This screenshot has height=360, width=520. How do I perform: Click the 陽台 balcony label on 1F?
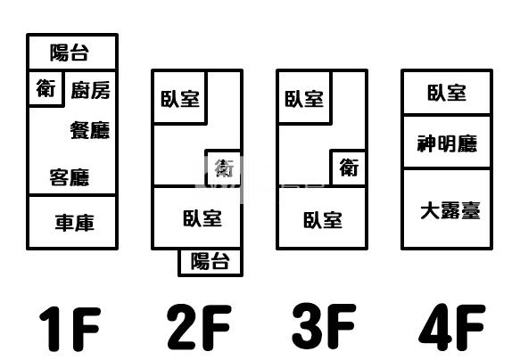(x=70, y=53)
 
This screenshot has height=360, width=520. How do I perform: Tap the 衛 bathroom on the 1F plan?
(x=45, y=88)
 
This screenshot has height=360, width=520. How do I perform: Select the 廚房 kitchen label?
(x=91, y=90)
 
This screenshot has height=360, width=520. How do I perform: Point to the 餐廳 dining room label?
(x=90, y=130)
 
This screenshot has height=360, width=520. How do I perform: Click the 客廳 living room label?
(x=70, y=177)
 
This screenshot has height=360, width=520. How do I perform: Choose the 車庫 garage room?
(x=72, y=222)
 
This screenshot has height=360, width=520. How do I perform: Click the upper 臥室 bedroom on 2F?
(x=180, y=97)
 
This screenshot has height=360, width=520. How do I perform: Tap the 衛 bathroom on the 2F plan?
(x=224, y=168)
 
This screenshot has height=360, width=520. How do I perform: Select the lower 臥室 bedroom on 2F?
(x=197, y=217)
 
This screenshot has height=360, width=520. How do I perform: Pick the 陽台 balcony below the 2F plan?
(x=210, y=262)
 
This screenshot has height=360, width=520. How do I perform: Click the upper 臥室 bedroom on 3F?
(x=304, y=97)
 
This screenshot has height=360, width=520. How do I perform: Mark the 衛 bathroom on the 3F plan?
(x=349, y=168)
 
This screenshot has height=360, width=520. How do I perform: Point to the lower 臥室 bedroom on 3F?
(x=322, y=218)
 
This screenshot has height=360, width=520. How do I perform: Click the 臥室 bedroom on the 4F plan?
(x=447, y=93)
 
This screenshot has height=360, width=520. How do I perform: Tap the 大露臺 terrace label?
(x=450, y=210)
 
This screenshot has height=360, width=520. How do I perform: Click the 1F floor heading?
(x=70, y=328)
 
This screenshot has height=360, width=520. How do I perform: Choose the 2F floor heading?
(x=199, y=327)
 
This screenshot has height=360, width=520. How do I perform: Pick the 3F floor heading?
(x=324, y=325)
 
